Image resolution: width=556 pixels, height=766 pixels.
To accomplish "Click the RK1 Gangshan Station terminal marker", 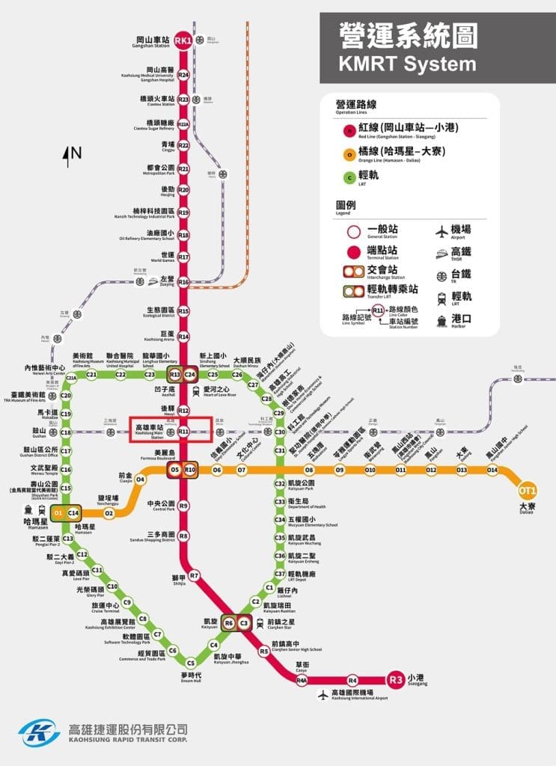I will [x=183, y=40].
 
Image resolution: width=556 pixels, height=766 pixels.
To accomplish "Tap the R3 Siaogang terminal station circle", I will [x=396, y=680].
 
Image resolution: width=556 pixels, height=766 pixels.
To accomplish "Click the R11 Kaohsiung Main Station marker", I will [x=183, y=432].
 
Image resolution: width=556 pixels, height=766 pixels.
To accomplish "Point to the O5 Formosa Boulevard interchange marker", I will [x=175, y=470].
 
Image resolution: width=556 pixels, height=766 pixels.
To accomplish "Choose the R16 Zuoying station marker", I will [x=183, y=281].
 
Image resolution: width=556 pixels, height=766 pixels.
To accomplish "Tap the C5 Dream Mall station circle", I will [x=191, y=663].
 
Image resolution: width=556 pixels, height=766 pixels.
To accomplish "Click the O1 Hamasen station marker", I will [x=58, y=512].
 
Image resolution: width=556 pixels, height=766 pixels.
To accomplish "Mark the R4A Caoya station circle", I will [x=302, y=681].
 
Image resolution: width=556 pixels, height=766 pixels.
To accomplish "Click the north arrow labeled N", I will [x=74, y=155].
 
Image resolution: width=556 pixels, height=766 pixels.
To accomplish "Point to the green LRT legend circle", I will [x=349, y=177].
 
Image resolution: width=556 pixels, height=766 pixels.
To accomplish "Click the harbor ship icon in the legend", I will [x=441, y=319].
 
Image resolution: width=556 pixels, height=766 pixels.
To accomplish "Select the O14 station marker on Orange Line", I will [x=492, y=470].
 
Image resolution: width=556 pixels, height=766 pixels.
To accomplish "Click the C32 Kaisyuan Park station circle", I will [x=280, y=484].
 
